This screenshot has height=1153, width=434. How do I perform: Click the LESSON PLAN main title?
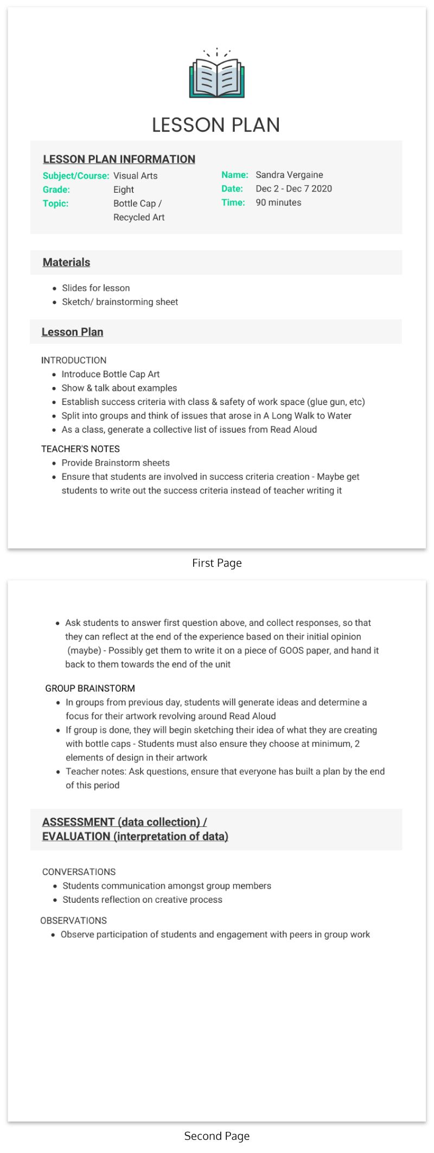point(216,125)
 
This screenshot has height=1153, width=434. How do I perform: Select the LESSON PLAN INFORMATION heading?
point(119,159)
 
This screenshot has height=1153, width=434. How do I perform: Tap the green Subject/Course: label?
point(76,176)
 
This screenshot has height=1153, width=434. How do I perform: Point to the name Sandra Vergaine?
point(289,175)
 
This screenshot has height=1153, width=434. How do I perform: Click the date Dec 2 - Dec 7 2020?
point(293,189)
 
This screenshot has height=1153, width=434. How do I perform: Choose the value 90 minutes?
point(278,202)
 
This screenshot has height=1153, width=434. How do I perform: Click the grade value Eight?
point(124,189)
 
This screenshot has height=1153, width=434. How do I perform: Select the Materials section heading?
point(66,262)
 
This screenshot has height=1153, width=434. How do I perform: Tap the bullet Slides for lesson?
point(95,288)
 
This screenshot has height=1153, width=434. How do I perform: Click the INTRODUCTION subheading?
point(74,360)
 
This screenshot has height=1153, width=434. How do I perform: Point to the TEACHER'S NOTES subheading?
point(80,449)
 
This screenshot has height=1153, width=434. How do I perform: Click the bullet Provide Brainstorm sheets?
point(116,463)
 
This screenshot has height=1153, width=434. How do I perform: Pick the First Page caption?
point(217,563)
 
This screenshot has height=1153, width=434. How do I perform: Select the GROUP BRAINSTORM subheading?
point(90,688)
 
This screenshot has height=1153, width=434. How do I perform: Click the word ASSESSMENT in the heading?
point(78,822)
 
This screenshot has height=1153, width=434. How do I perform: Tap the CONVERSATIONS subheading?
point(79,872)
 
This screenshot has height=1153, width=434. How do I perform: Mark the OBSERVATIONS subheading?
point(73,921)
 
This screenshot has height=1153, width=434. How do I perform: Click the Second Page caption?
point(217,1136)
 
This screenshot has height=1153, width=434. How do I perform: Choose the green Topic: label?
point(56,204)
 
